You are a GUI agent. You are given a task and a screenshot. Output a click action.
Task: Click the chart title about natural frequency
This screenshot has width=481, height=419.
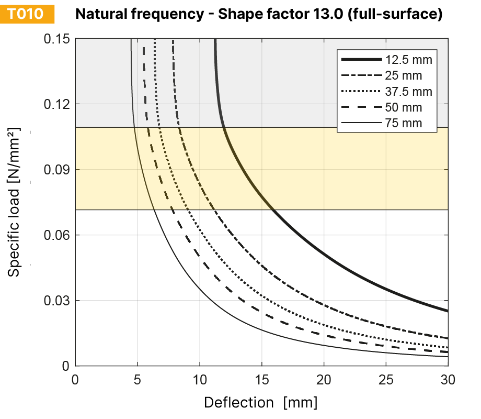pos(259,14)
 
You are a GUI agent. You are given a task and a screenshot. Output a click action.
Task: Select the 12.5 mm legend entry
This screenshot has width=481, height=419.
pos(387,59)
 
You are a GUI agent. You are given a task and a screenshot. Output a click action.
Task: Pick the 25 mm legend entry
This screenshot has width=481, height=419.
pos(387,75)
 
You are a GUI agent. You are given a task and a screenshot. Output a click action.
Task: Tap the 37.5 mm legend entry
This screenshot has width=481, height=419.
pos(387,92)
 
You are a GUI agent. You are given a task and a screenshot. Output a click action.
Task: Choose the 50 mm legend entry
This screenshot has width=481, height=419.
pos(387,108)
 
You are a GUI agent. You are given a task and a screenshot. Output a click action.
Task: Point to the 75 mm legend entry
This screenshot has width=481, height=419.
pos(387,124)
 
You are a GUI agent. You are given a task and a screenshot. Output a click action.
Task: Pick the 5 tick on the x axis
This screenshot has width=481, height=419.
pos(138,378)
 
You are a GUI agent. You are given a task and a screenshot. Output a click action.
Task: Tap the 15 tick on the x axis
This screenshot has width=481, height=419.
pos(261,378)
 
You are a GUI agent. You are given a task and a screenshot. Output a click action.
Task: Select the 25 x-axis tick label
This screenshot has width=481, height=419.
pos(386,378)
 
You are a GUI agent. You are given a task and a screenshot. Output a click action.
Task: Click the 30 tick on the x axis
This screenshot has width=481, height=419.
pos(448,378)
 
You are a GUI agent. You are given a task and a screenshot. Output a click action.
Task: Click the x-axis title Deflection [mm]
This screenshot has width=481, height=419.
pos(260,402)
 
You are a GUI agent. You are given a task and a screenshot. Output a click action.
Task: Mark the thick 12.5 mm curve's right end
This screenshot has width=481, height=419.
pos(447,311)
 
